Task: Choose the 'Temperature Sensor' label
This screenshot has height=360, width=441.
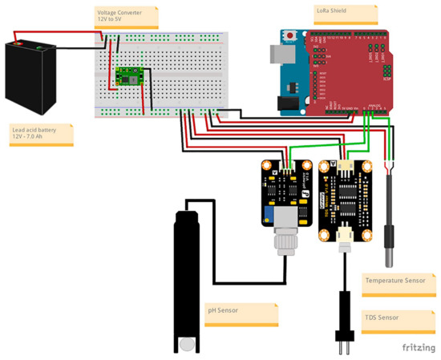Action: pyautogui.click(x=395, y=281)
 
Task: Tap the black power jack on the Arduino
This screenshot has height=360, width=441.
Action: pyautogui.click(x=285, y=103)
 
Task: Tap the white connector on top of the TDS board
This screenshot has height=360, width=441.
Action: pyautogui.click(x=346, y=165)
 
